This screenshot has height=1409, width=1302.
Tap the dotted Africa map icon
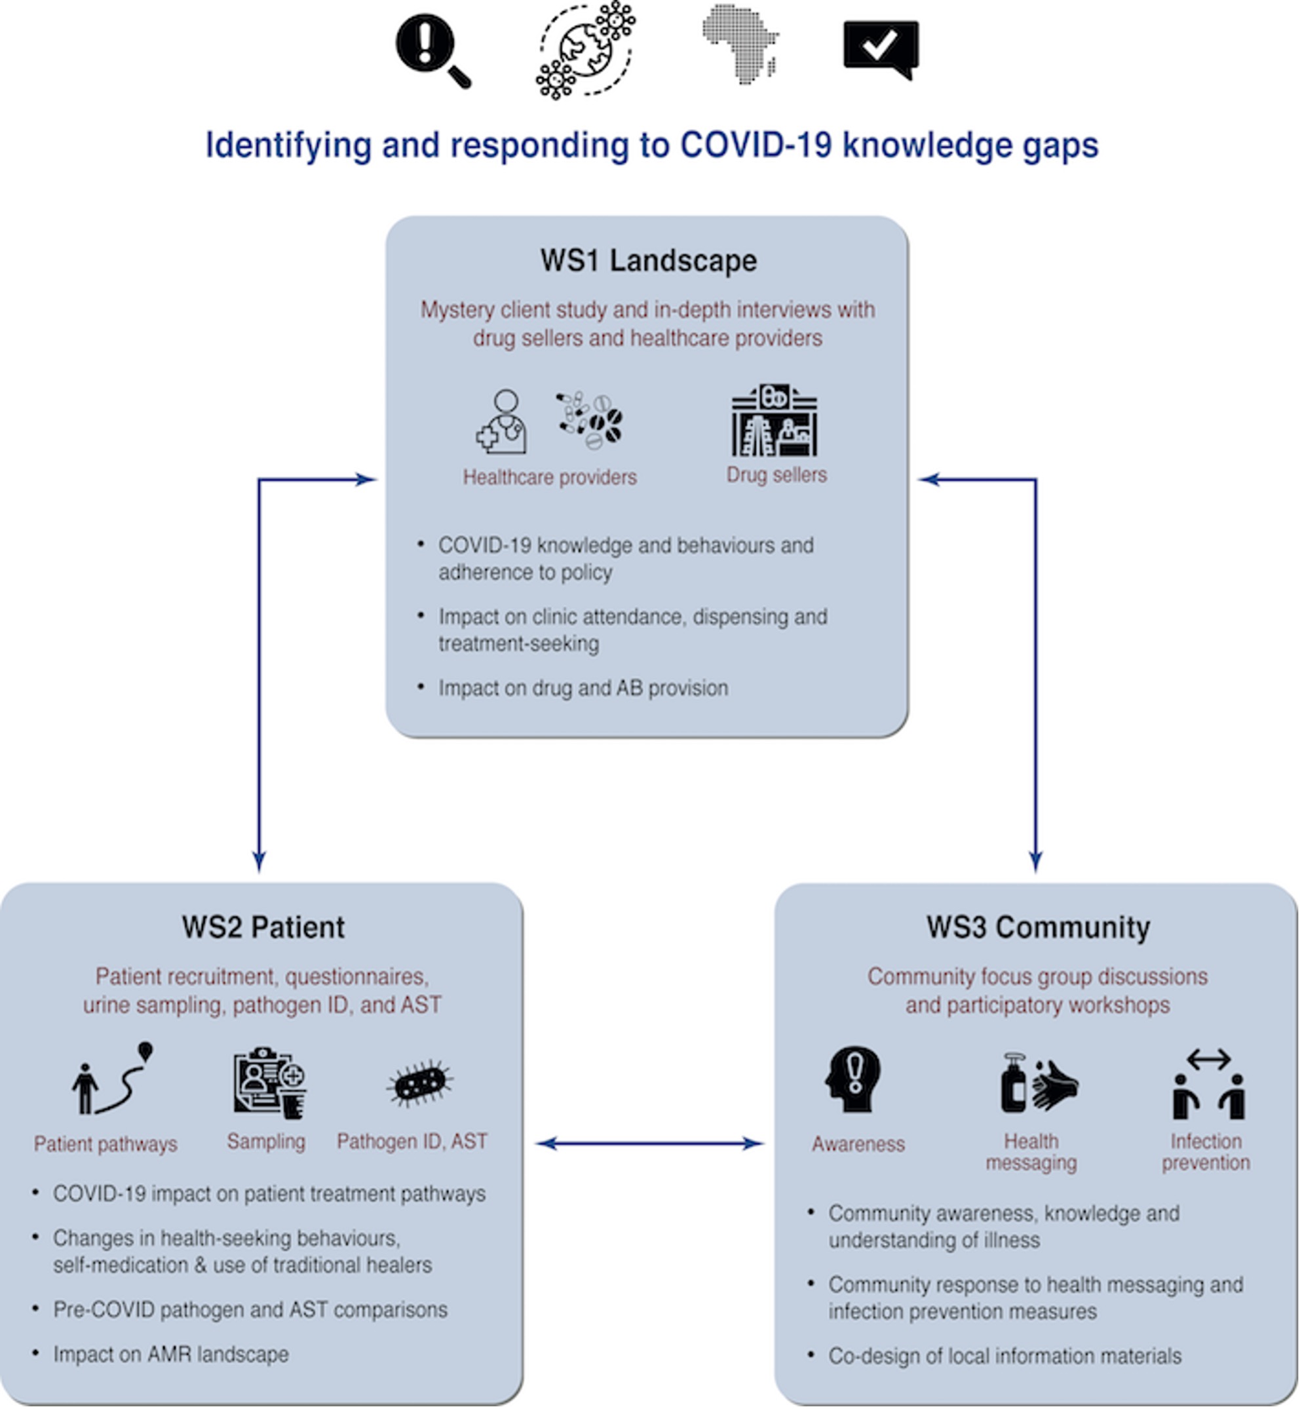click(x=740, y=44)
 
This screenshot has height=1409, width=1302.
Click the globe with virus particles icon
click(x=586, y=49)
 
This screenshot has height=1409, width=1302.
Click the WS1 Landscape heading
click(x=648, y=261)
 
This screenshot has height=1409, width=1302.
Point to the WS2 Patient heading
click(x=263, y=927)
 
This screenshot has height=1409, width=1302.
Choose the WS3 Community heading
click(x=1038, y=927)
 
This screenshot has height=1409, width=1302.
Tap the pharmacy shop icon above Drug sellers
click(x=775, y=421)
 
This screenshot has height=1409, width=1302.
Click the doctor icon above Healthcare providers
click(x=503, y=421)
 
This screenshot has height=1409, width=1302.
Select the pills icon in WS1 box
click(x=590, y=421)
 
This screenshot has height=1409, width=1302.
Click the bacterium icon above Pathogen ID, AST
click(x=420, y=1083)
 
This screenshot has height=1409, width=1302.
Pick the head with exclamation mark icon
click(x=853, y=1079)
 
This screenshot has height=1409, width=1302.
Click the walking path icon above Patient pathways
click(x=113, y=1079)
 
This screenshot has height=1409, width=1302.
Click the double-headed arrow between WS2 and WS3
click(x=649, y=1144)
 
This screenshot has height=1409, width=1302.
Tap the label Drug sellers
click(x=776, y=475)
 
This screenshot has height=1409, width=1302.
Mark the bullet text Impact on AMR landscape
click(x=170, y=1355)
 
